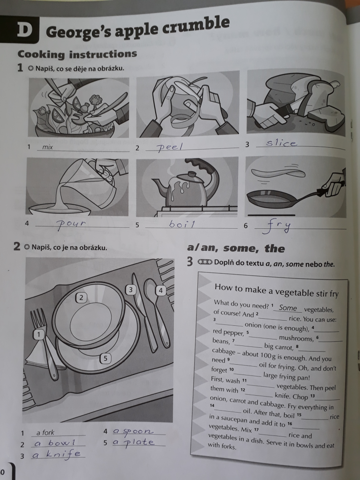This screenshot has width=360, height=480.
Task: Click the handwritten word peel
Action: (170, 148)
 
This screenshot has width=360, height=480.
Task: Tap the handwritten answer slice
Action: (281, 143)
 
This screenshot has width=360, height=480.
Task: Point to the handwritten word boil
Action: (182, 225)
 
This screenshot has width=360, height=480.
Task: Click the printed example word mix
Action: (47, 147)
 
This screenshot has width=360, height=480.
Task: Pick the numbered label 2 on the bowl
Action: (81, 298)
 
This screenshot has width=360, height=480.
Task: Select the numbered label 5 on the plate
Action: (105, 358)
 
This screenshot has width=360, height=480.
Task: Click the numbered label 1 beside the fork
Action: (38, 335)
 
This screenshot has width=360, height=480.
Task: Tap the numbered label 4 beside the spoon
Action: (160, 291)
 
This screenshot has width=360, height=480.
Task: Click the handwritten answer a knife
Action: (57, 455)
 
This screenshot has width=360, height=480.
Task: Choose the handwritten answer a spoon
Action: (133, 431)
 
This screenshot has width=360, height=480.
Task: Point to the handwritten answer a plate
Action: (134, 442)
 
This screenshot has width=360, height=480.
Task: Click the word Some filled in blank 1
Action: (288, 308)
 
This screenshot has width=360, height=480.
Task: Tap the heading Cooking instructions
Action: (77, 54)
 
